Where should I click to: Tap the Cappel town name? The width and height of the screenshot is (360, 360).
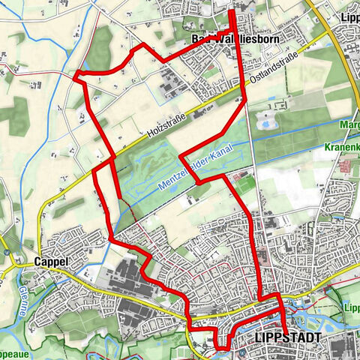tap(51, 262)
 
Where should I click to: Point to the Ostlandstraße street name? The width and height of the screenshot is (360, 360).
tap(276, 67)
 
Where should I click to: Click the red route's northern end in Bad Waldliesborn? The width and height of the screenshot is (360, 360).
tap(231, 10)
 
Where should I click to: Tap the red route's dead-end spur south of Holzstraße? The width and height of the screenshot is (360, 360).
tap(118, 196)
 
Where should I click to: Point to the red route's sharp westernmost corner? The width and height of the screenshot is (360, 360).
tap(77, 73)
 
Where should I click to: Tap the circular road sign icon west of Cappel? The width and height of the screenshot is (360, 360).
tap(5, 254)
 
